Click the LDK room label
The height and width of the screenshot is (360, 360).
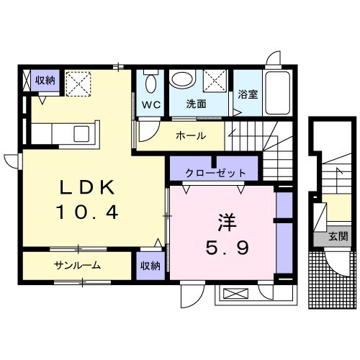86,186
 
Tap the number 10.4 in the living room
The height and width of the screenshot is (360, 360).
86,212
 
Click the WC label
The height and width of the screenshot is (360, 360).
150,104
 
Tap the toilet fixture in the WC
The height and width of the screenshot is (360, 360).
150,83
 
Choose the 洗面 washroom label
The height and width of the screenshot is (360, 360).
196,104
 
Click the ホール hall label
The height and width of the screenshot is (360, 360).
191,135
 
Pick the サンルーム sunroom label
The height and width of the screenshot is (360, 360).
76,265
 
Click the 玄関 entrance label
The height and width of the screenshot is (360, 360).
338,235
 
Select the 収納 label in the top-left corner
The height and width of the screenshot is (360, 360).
45,80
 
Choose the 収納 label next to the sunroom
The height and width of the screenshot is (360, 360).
150,266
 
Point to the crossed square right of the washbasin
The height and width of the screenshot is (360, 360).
214,80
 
